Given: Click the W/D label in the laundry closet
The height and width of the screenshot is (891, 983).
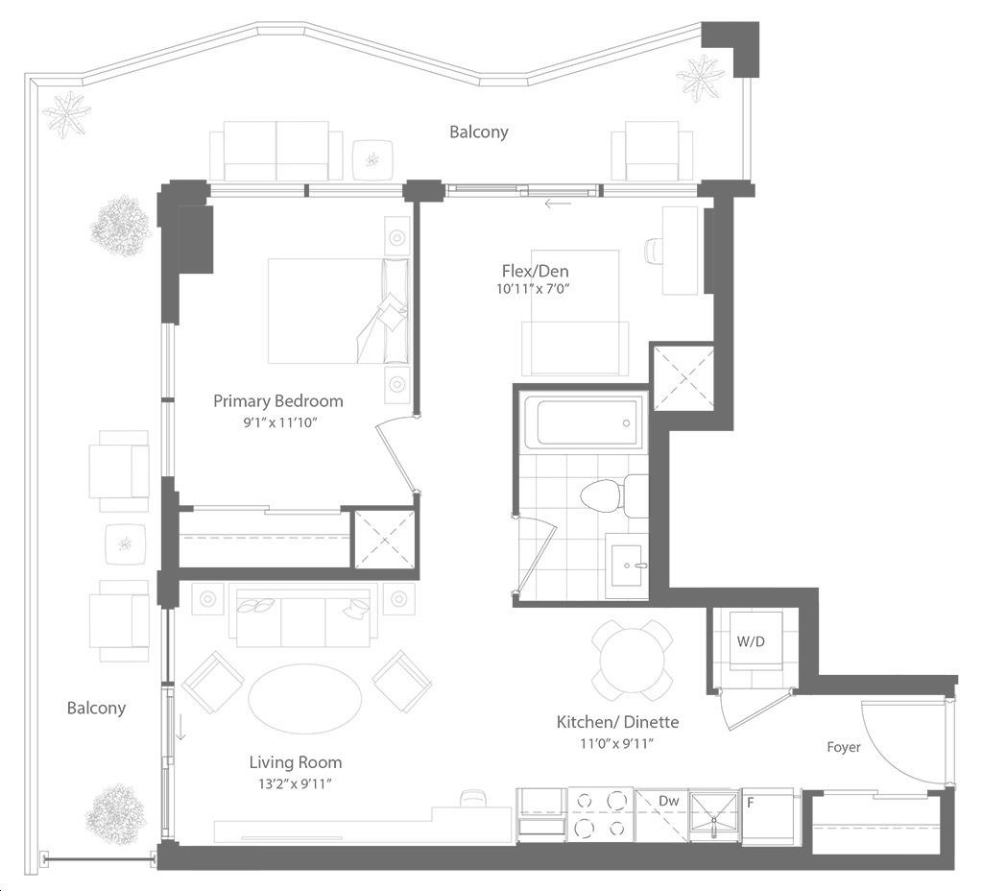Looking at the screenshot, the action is pyautogui.click(x=751, y=641).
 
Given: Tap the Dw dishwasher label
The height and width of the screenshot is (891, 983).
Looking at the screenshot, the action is pyautogui.click(x=669, y=801).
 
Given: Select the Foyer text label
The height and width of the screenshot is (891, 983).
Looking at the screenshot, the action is pyautogui.click(x=843, y=747).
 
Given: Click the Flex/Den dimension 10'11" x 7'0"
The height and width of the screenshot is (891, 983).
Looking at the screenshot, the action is pyautogui.click(x=535, y=289).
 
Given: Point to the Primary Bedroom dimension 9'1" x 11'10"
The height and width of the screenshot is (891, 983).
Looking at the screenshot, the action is pyautogui.click(x=280, y=422).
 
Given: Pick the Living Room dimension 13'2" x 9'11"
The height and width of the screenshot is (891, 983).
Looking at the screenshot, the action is pyautogui.click(x=295, y=783).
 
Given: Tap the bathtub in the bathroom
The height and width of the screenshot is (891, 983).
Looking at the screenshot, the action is pyautogui.click(x=583, y=422).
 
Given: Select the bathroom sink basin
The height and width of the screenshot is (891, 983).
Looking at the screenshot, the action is pyautogui.click(x=626, y=566).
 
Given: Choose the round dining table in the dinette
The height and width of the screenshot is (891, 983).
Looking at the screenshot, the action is pyautogui.click(x=633, y=661).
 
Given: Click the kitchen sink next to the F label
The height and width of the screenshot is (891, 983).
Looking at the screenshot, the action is pyautogui.click(x=714, y=815).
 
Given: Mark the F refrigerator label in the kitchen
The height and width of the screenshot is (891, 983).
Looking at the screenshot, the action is pyautogui.click(x=751, y=802).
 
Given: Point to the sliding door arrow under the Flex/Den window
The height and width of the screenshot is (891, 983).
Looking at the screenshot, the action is pyautogui.click(x=558, y=204).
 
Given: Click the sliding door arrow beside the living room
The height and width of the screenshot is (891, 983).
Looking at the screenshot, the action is pyautogui.click(x=180, y=728).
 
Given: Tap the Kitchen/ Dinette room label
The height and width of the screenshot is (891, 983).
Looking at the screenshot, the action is pyautogui.click(x=617, y=722).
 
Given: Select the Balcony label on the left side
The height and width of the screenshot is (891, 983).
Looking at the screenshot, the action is pyautogui.click(x=97, y=708).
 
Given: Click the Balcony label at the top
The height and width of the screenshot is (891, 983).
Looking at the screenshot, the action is pyautogui.click(x=478, y=132).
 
